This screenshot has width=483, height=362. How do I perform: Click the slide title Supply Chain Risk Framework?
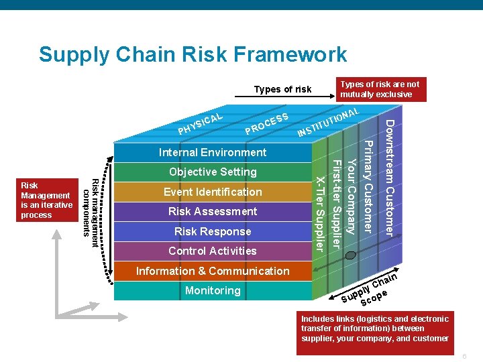193,54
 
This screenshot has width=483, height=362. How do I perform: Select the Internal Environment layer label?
213,152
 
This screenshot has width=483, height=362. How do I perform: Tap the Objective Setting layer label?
213,172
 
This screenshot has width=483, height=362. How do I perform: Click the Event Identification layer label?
213,192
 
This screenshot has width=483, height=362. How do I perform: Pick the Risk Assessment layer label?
213,211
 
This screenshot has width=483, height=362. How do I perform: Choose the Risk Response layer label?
213,231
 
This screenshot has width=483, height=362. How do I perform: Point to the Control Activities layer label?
213,251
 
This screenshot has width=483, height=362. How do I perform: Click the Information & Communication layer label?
213,271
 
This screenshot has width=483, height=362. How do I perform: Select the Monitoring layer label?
213,290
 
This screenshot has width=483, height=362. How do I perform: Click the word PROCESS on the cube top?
267,121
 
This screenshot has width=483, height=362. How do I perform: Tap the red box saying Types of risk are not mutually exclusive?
380,89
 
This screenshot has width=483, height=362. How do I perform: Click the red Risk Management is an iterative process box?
46,200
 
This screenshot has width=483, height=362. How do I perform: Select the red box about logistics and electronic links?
375,328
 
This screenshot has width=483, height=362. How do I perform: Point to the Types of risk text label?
282,89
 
